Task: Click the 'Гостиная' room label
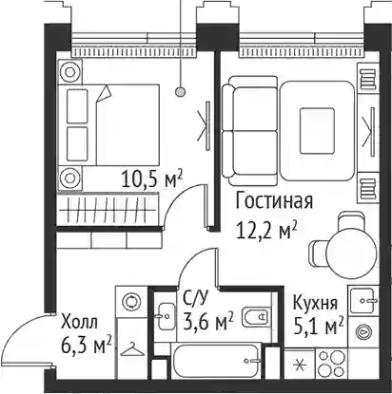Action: click(274, 201)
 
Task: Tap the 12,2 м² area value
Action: click(266, 230)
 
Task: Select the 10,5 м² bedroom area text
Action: click(152, 178)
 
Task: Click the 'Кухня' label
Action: click(315, 303)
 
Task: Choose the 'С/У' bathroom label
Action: click(196, 298)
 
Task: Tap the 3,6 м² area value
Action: click(208, 321)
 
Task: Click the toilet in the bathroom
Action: click(255, 317)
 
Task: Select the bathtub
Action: click(216, 361)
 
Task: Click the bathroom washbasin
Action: click(166, 316)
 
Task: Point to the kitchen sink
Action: click(363, 300)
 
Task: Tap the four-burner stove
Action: click(331, 364)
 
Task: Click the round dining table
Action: click(351, 252)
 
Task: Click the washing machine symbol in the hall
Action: click(131, 301)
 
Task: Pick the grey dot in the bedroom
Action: click(181, 92)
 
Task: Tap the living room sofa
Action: click(250, 131)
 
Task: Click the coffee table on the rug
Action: click(317, 131)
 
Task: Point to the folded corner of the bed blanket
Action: click(104, 93)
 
